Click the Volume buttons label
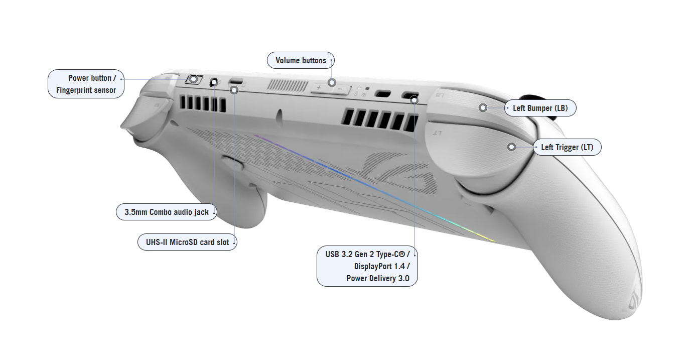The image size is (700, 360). [x=301, y=61]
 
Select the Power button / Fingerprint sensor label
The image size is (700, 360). [x=86, y=84]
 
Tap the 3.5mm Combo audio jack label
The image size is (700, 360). [x=166, y=212]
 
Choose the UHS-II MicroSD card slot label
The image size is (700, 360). [x=187, y=243]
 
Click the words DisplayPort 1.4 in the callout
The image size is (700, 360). [x=381, y=266]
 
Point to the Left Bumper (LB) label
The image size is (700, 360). [x=540, y=108]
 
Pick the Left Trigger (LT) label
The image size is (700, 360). [x=567, y=148]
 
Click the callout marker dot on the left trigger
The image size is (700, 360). [x=511, y=147]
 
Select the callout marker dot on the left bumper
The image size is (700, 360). [x=483, y=107]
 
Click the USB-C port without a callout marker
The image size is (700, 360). [x=383, y=93]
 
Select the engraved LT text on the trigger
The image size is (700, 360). [x=438, y=133]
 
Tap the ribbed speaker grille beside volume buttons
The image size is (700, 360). [x=287, y=85]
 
